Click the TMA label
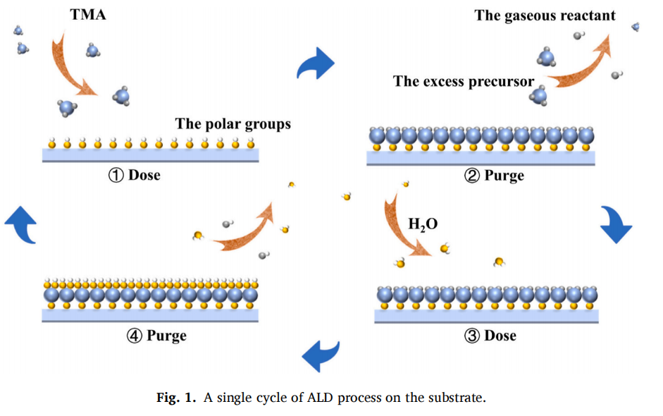click(x=88, y=14)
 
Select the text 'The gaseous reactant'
click(x=545, y=16)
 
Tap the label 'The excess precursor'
click(x=464, y=81)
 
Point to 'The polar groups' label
click(x=233, y=124)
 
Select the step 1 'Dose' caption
click(x=134, y=175)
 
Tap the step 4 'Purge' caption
click(x=156, y=336)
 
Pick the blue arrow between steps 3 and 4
click(x=321, y=355)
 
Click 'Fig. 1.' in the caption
click(x=177, y=398)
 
